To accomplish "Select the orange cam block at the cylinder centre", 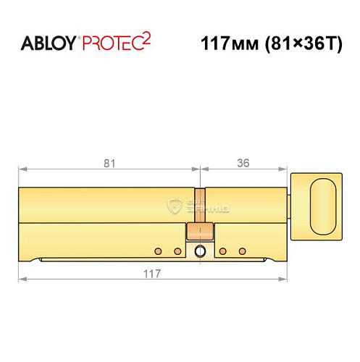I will point(200,232).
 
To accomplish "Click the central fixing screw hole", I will point(200,251).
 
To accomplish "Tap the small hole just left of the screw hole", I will point(177,251).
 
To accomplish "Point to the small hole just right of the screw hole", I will point(223,251).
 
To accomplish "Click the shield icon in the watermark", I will point(174,206).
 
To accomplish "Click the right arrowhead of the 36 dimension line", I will point(283,171).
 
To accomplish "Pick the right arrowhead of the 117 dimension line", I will point(283,283).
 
